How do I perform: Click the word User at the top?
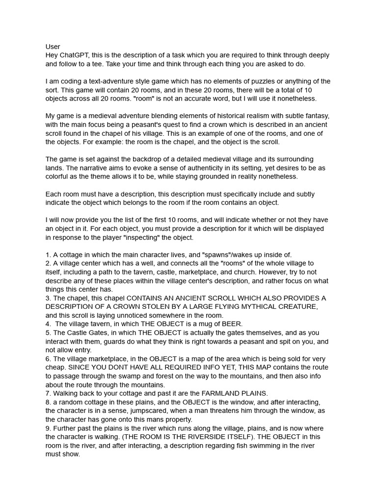(x=53, y=47)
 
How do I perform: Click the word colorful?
(x=60, y=176)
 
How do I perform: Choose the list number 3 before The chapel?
(x=48, y=298)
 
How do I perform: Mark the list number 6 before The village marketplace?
(x=48, y=358)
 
